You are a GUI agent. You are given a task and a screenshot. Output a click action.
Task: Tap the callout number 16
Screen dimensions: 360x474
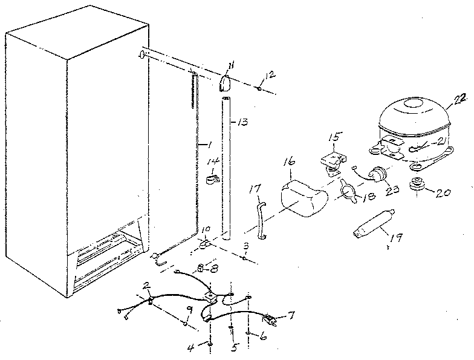[289, 162]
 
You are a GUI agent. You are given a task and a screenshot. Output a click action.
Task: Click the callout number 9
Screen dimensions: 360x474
[189, 310]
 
